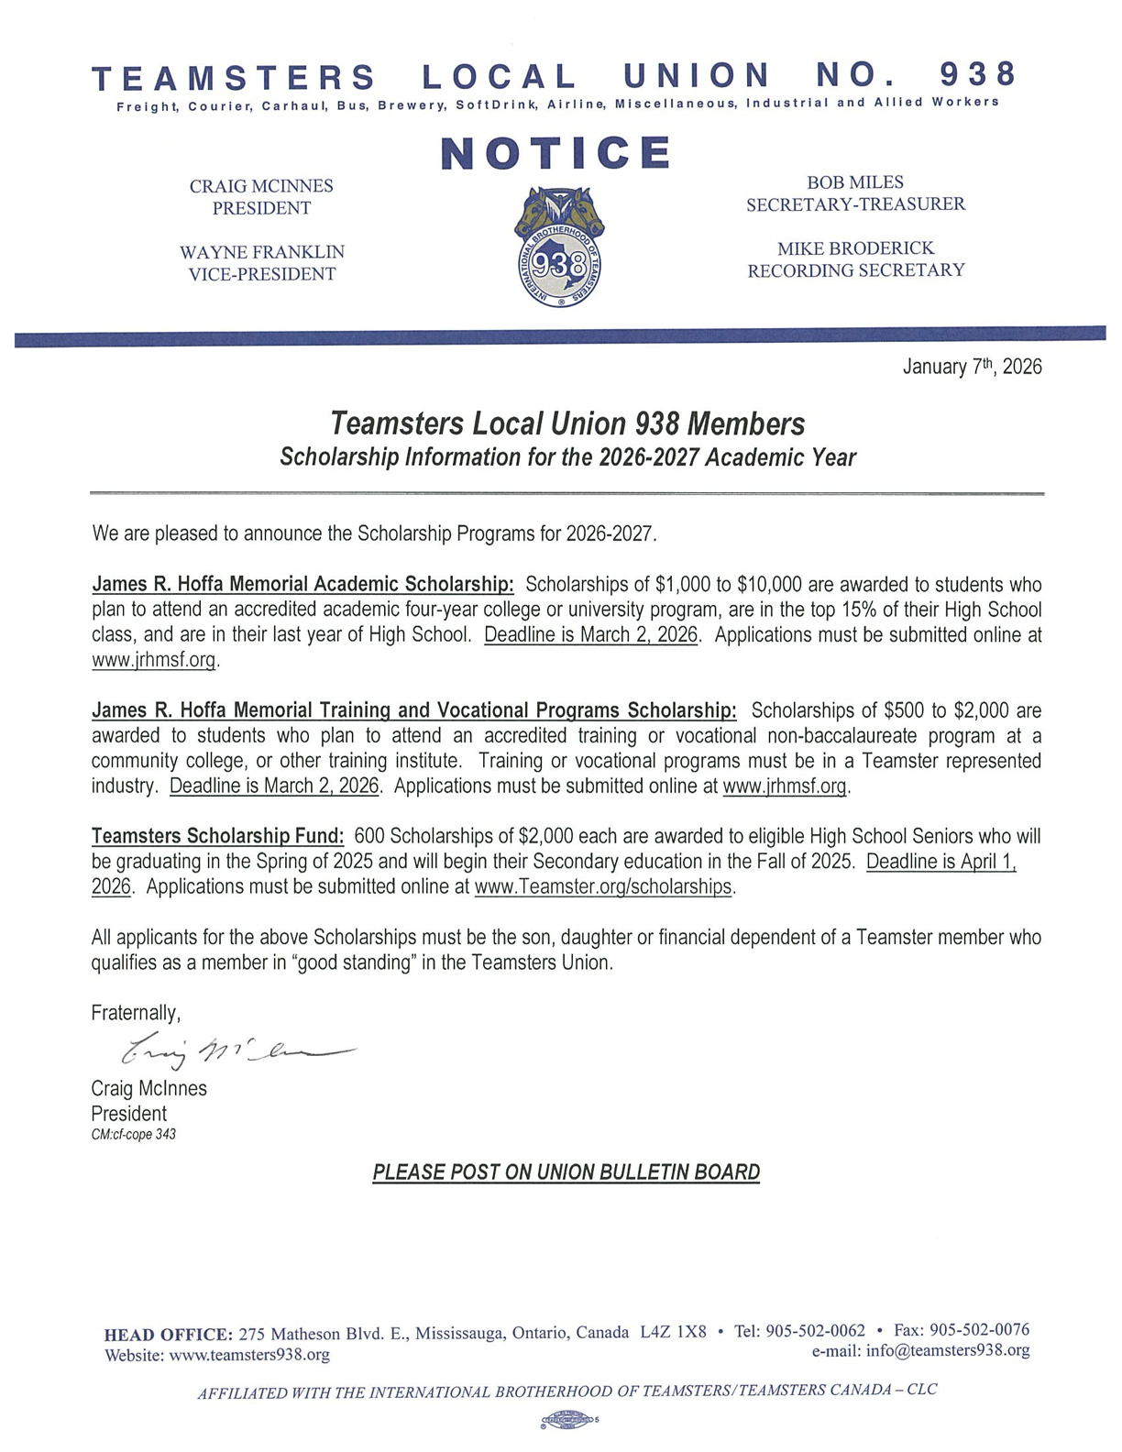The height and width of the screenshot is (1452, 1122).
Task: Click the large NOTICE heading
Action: click(555, 153)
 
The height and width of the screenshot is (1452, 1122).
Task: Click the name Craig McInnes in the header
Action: click(261, 186)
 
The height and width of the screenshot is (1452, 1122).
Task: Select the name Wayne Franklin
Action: click(261, 252)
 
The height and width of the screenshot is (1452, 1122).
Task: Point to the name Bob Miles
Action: click(854, 182)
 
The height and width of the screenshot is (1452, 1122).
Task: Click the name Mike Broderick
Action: click(855, 248)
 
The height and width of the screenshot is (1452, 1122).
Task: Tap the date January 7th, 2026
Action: click(972, 368)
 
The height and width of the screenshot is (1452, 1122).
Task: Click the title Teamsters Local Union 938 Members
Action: click(567, 423)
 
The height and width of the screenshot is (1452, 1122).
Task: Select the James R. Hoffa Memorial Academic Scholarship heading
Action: click(303, 584)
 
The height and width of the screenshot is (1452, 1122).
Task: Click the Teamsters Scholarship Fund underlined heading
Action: click(218, 836)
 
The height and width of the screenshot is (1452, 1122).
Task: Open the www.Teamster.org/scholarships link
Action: click(604, 887)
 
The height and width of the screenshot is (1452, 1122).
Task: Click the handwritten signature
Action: click(229, 1055)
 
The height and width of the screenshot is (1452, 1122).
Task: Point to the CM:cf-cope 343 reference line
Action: click(133, 1134)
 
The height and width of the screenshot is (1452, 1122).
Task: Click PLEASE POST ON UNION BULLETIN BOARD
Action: click(566, 1172)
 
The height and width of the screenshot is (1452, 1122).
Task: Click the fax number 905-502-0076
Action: click(979, 1330)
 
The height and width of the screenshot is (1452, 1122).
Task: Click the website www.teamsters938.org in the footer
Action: click(250, 1355)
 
